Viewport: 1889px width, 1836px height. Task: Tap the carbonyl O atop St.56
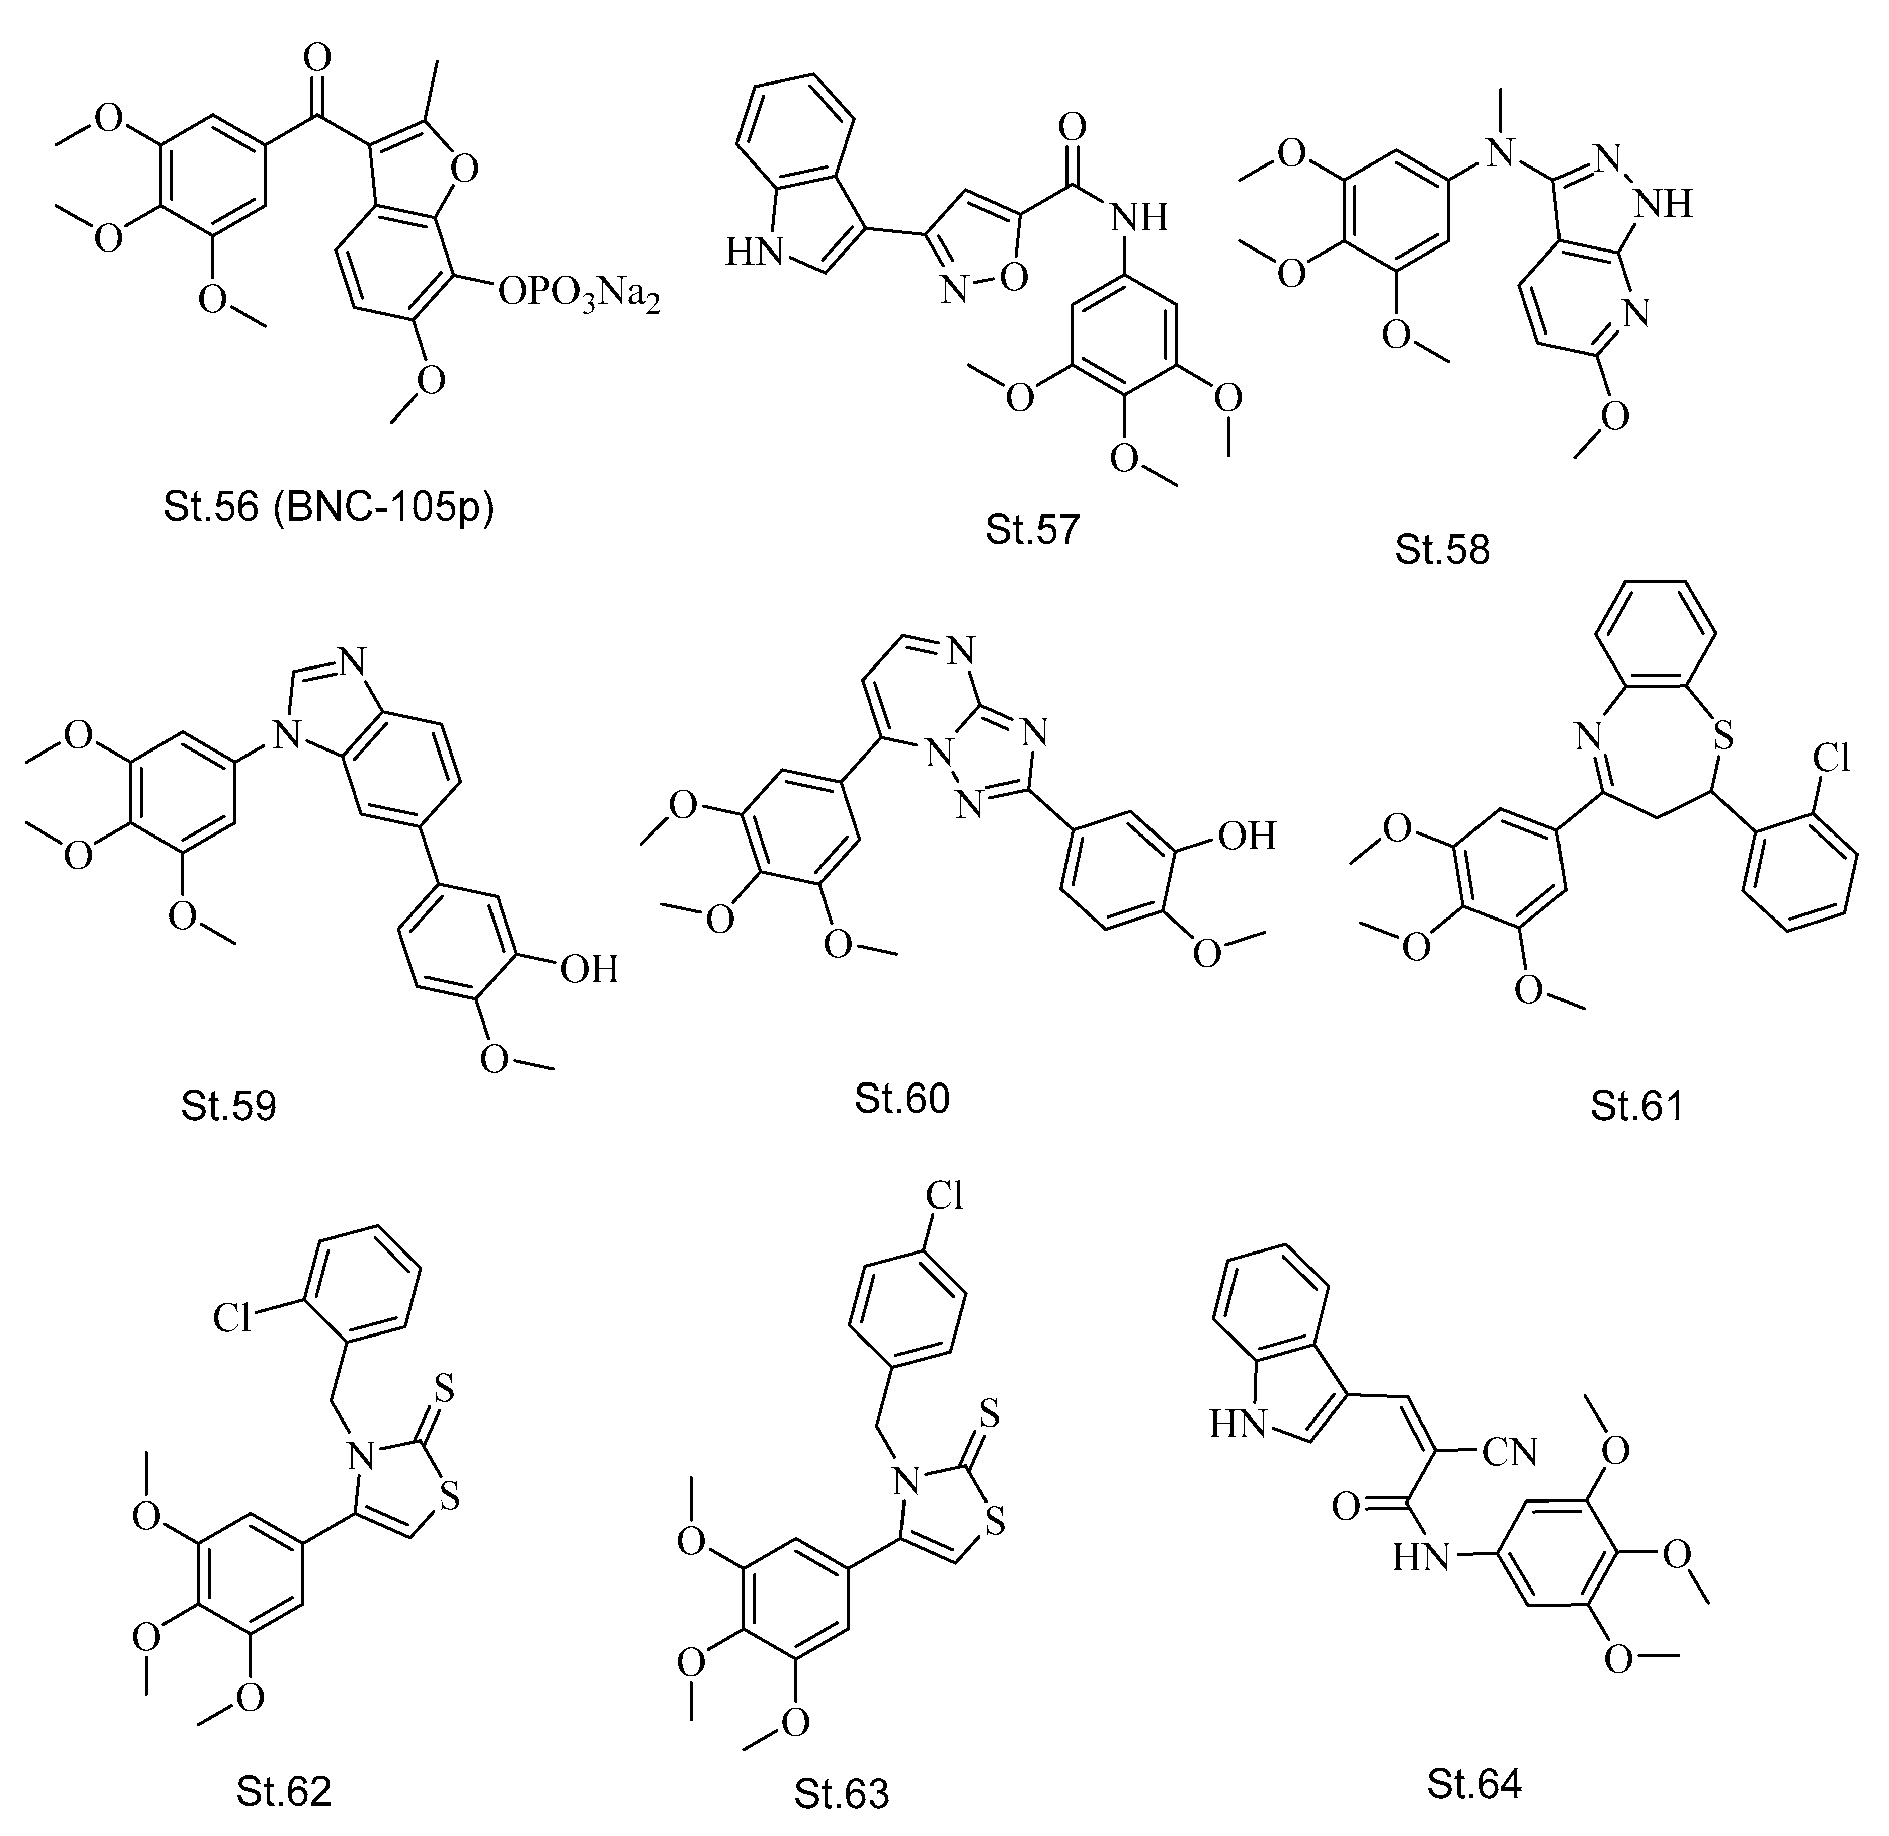(316, 60)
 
